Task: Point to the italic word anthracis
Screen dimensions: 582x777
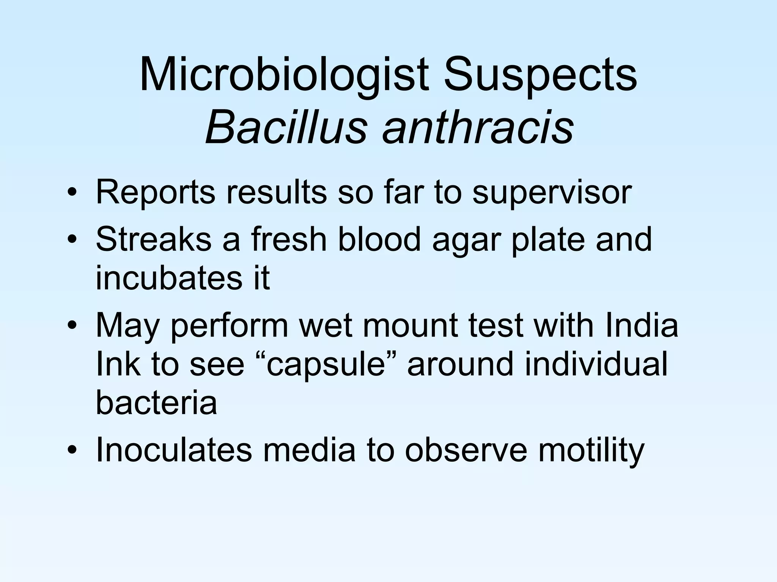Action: click(x=478, y=127)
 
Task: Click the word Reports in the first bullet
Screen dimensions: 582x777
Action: click(x=156, y=192)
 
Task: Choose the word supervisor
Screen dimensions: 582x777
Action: click(x=552, y=192)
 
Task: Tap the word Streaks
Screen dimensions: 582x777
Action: click(x=154, y=239)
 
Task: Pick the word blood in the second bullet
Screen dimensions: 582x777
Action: click(x=379, y=239)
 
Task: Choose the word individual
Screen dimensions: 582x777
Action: click(x=596, y=364)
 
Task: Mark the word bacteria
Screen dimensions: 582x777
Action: click(x=156, y=402)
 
